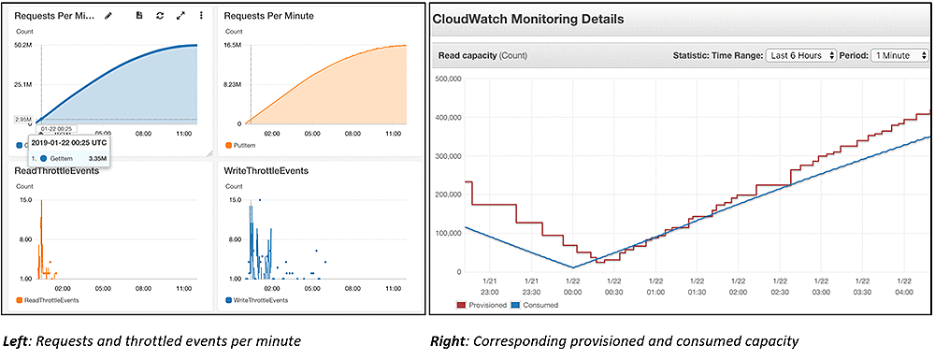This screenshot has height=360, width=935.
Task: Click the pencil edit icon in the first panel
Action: (108, 16)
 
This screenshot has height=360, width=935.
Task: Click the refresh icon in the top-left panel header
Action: (160, 16)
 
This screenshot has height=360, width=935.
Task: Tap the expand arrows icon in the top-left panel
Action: (180, 16)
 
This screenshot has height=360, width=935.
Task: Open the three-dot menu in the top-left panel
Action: (202, 16)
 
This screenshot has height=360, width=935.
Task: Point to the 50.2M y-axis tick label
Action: (24, 45)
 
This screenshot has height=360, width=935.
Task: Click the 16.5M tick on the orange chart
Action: (232, 45)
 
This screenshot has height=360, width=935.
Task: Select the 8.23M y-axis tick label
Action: (232, 84)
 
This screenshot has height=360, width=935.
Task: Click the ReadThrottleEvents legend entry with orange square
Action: (52, 300)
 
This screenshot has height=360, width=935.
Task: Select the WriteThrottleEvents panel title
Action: (266, 172)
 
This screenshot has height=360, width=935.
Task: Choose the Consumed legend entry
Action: (539, 305)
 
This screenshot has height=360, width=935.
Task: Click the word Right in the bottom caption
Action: (449, 342)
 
